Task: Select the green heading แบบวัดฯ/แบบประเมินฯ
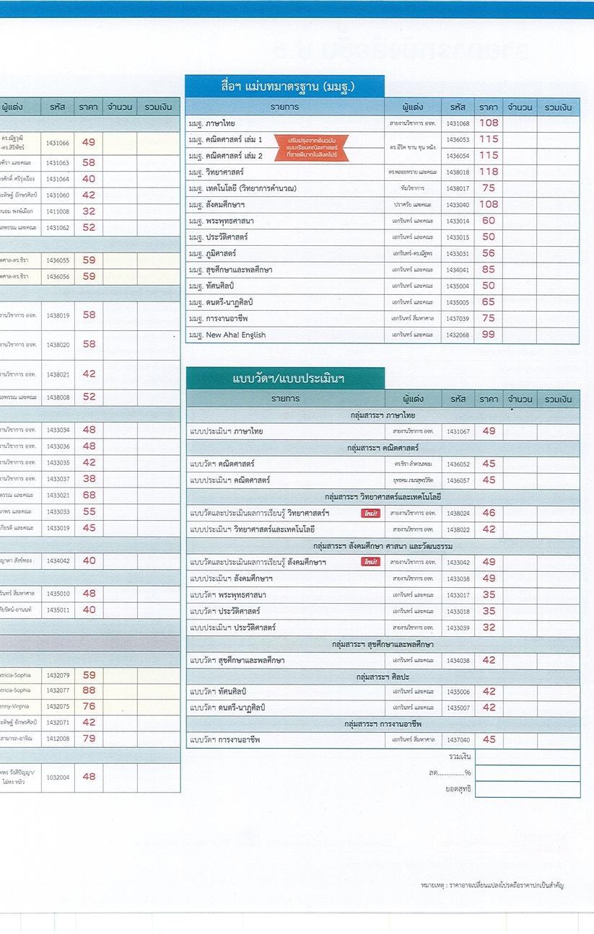tap(285, 379)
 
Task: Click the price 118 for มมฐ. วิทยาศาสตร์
tap(489, 172)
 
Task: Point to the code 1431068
tap(458, 123)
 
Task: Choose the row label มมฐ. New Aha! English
tap(227, 335)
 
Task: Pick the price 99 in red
tap(489, 335)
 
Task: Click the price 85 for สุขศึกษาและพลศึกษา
tap(489, 269)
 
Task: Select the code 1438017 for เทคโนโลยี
tap(458, 188)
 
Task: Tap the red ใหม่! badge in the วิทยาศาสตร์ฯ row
tap(370, 513)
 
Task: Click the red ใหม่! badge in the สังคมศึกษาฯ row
tap(370, 562)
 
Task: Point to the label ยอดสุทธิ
tap(458, 789)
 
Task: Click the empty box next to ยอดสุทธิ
tap(527, 789)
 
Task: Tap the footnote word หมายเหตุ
tap(432, 884)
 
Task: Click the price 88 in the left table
tap(89, 690)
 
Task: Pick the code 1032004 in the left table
tap(58, 777)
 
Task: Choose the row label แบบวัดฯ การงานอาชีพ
tap(224, 740)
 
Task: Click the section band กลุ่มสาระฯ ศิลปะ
tap(383, 677)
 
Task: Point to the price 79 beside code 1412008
tap(89, 739)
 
